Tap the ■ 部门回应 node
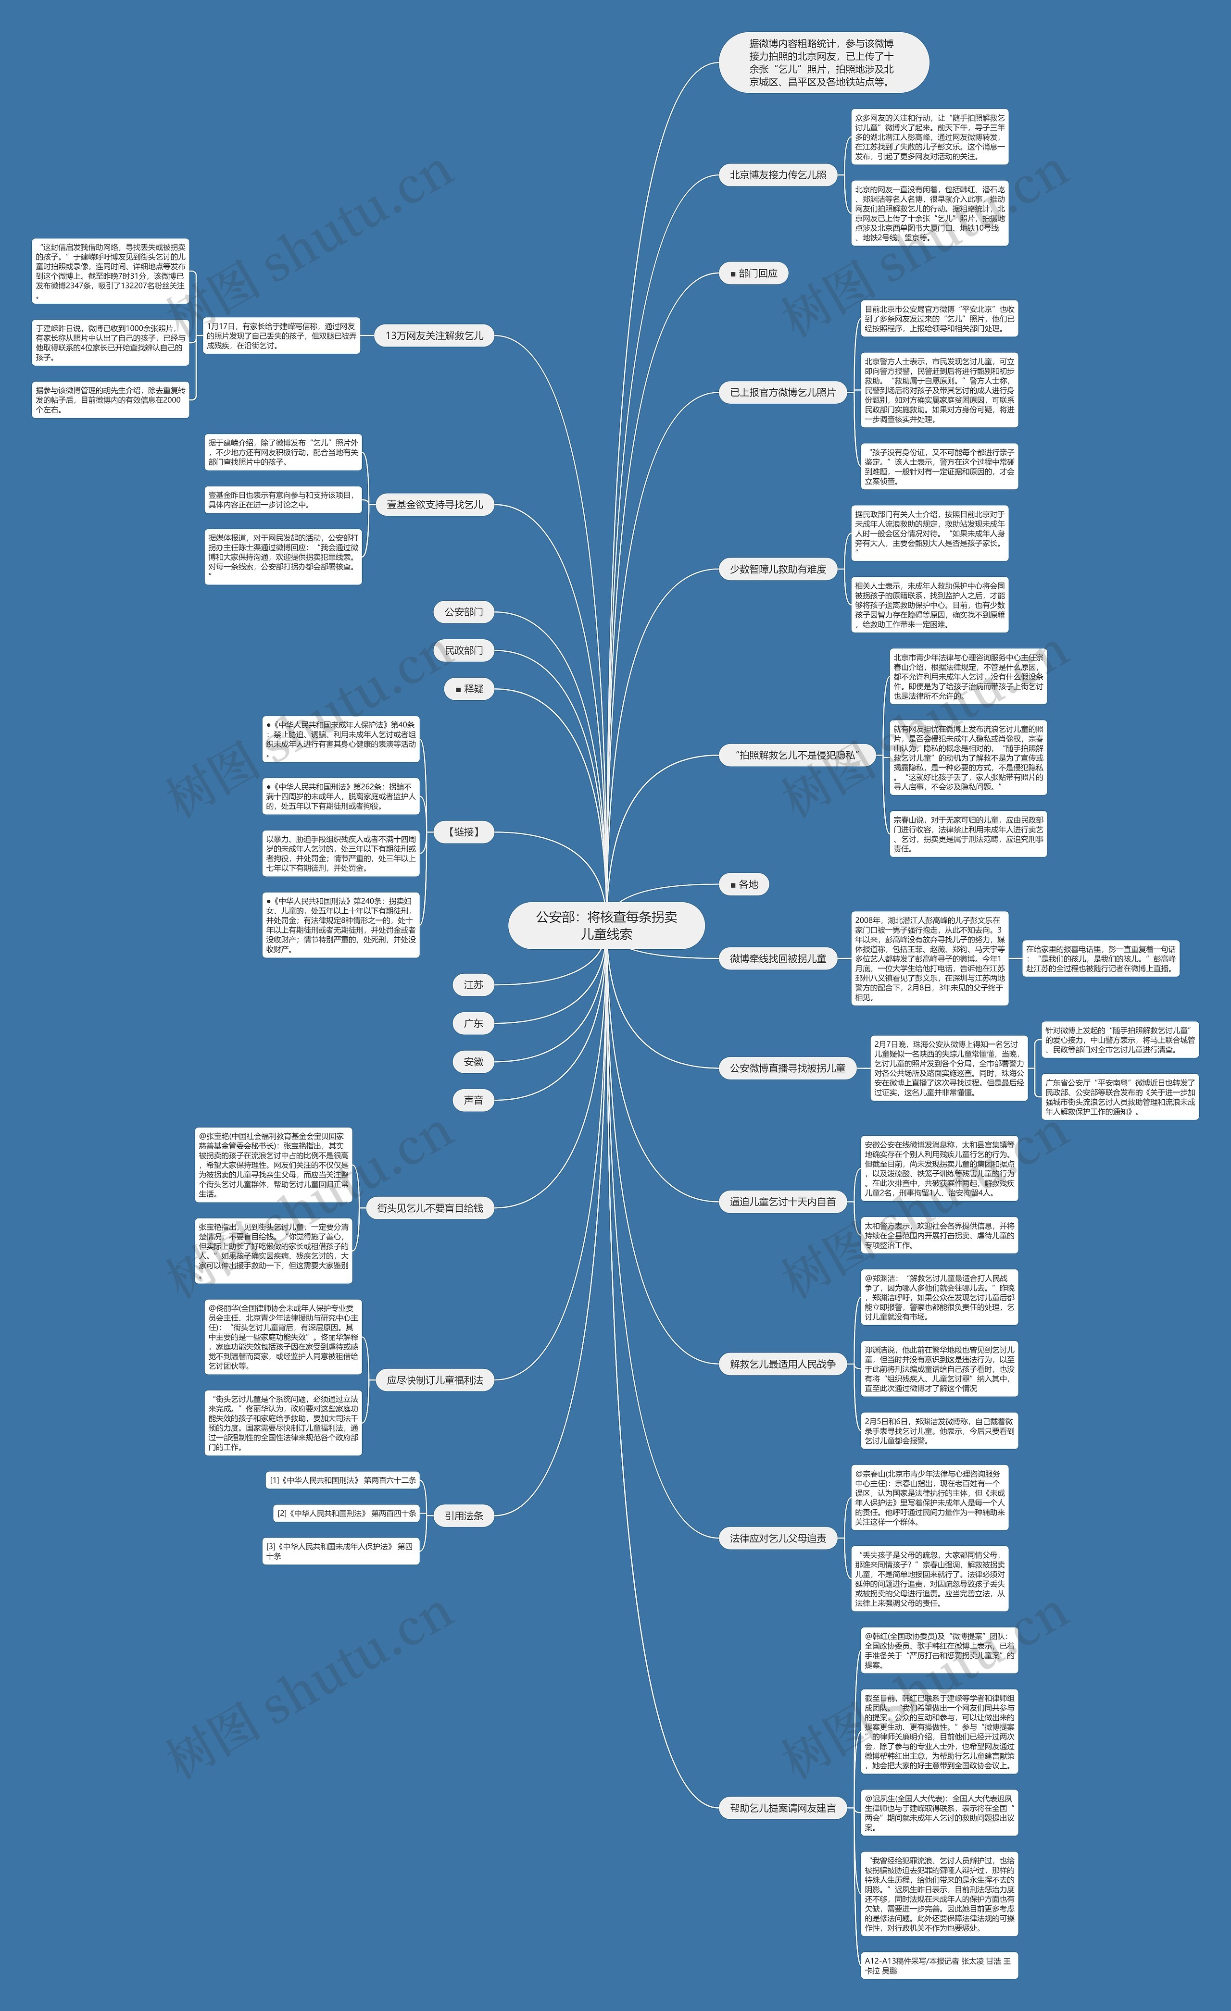(754, 273)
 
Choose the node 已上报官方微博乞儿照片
(782, 393)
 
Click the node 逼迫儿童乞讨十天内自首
(782, 1202)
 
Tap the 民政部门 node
(463, 650)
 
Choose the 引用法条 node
(463, 1515)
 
